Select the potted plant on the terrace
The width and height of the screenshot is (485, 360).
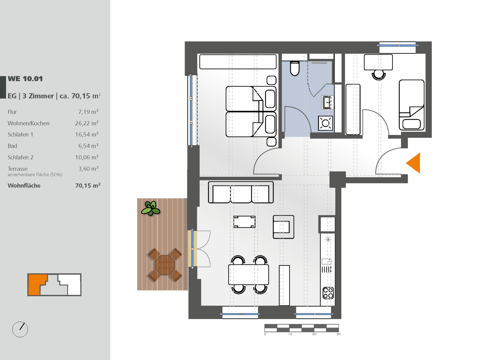click(151, 208)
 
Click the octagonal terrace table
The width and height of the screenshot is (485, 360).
click(165, 265)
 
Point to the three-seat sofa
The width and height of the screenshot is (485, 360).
click(241, 192)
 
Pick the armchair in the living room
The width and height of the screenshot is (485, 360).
click(283, 227)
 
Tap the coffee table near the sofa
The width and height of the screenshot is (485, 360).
click(244, 222)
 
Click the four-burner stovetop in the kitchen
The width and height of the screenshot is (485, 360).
click(328, 293)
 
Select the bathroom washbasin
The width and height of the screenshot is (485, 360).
click(328, 102)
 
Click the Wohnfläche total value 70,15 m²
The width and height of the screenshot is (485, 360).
click(88, 185)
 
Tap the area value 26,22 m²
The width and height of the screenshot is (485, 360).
click(87, 123)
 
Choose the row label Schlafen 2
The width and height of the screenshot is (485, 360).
click(20, 157)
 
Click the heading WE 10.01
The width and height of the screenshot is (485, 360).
click(25, 79)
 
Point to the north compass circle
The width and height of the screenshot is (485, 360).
click(20, 329)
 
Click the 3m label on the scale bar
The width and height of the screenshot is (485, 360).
click(339, 334)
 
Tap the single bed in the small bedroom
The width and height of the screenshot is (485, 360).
click(412, 105)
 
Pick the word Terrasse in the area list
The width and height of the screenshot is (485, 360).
click(18, 169)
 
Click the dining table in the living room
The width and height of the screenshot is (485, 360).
click(249, 274)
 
